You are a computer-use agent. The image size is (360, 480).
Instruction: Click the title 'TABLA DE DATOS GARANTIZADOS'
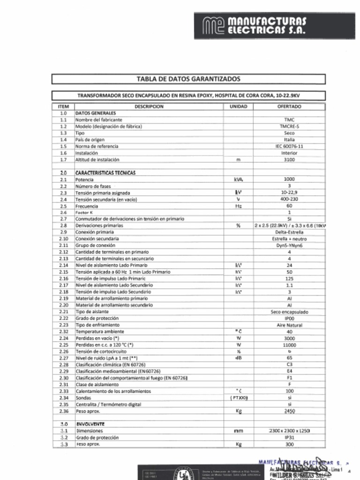(188, 79)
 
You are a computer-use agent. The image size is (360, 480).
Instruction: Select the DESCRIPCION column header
(149, 106)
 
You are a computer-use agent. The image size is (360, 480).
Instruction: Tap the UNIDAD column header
(238, 106)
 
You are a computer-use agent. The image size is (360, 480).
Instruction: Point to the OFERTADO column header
(289, 106)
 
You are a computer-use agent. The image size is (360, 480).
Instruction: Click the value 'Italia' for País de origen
(289, 140)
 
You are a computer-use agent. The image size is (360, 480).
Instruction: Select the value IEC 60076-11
(289, 146)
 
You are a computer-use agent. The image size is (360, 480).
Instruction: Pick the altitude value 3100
(289, 160)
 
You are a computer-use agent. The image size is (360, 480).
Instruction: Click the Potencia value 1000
(289, 179)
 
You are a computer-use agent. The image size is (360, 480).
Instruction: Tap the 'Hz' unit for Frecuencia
(238, 206)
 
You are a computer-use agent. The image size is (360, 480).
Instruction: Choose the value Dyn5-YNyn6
(289, 245)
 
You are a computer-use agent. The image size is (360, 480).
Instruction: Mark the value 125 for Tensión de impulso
(289, 278)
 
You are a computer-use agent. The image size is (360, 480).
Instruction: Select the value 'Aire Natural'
(289, 325)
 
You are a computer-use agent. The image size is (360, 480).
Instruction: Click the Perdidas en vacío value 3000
(289, 338)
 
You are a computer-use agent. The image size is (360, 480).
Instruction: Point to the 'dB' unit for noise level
(238, 358)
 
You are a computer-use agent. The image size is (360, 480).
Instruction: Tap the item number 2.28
(64, 365)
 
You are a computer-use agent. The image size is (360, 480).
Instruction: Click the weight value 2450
(289, 411)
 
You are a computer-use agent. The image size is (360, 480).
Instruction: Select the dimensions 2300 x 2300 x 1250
(289, 430)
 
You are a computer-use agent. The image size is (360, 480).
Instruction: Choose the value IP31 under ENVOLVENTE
(289, 437)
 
